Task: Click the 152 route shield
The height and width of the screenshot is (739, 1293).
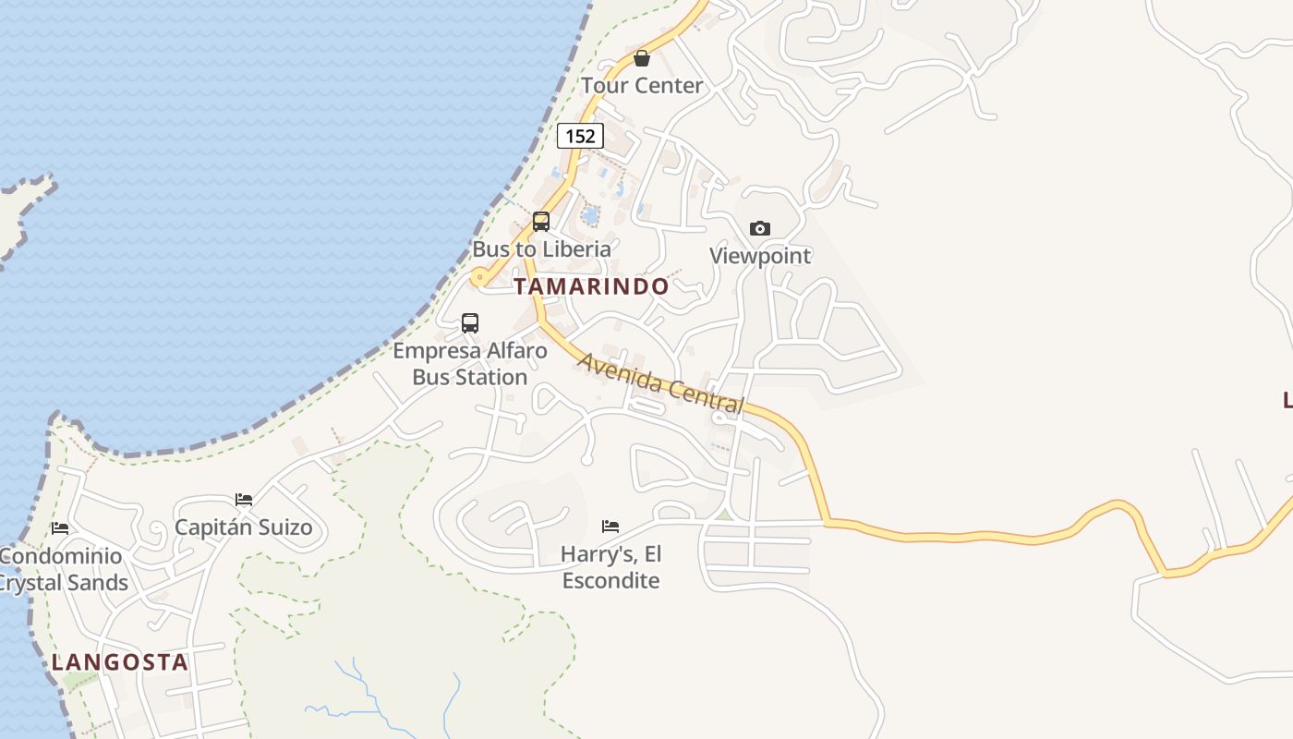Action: point(580,136)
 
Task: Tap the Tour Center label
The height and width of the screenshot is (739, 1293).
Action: point(642,86)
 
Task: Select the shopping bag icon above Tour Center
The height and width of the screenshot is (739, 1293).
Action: point(642,59)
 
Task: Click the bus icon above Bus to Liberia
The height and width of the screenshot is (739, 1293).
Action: point(541,222)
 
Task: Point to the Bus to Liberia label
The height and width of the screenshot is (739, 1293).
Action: point(541,249)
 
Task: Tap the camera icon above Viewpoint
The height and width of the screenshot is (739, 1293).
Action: point(759,228)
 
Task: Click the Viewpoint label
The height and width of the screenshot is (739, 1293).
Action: point(759,256)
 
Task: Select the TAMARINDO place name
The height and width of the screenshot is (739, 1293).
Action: point(591,286)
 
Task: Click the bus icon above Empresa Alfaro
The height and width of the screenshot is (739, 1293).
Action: point(470,322)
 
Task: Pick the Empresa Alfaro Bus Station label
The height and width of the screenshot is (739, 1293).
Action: point(470,364)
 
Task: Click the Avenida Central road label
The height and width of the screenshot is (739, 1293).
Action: point(660,382)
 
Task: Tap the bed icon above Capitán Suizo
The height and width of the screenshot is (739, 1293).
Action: point(244,499)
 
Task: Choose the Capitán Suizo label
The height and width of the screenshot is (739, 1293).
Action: point(244,528)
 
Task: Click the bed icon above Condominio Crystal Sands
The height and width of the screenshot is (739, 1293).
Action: point(60,528)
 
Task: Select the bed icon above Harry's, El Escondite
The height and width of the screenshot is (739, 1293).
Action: point(610,527)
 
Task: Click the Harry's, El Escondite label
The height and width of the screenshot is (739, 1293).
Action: point(610,567)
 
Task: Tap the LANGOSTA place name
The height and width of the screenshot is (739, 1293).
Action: point(120,662)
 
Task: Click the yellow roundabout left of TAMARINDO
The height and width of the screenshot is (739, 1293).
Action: point(479,276)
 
